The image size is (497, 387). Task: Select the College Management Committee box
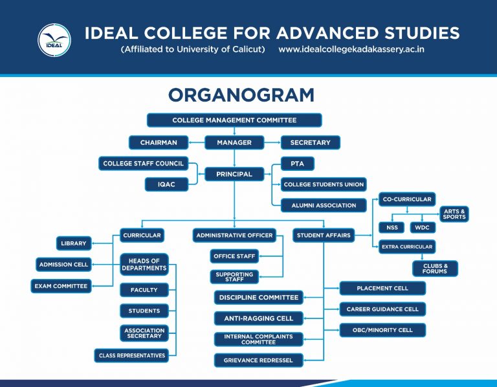tap(234, 120)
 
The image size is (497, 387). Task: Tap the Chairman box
tap(159, 142)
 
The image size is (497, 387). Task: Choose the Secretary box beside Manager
tap(310, 142)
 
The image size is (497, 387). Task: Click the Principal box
tap(234, 174)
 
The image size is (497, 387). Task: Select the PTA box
tap(297, 164)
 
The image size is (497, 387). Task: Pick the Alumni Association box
tap(324, 205)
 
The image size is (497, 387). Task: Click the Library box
tap(73, 243)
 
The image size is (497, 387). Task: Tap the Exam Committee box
tap(61, 286)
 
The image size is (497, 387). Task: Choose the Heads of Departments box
tap(144, 264)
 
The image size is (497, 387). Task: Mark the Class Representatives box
tap(131, 355)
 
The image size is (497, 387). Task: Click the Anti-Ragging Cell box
tap(258, 318)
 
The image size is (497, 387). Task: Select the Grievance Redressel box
tap(258, 360)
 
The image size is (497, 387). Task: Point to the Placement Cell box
tap(382, 289)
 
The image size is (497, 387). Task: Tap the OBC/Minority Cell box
tap(382, 330)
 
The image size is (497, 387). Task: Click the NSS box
tap(392, 227)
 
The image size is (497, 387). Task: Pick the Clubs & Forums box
tap(435, 268)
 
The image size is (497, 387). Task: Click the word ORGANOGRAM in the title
tap(241, 95)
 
